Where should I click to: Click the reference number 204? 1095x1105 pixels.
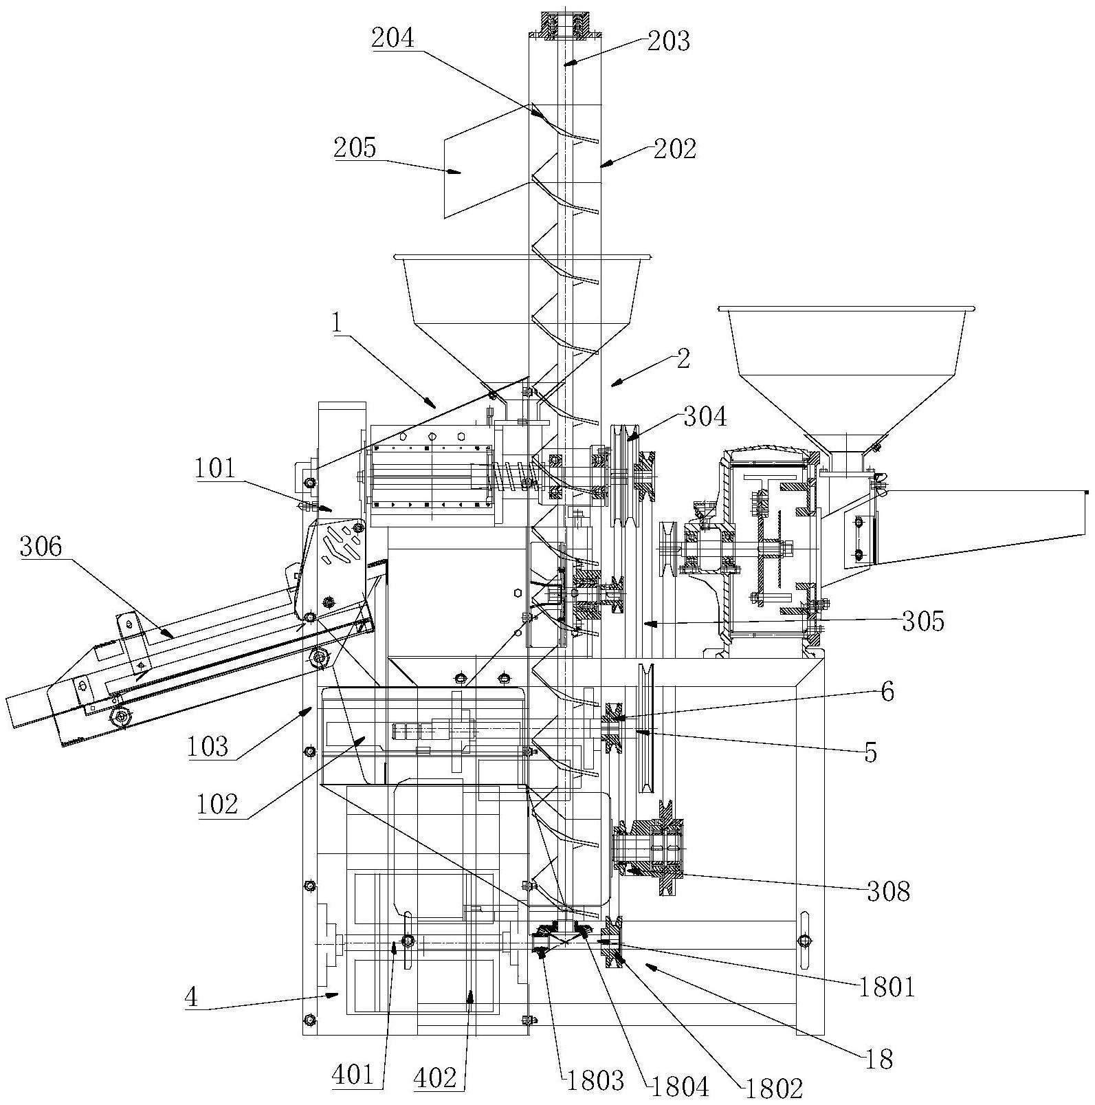393,38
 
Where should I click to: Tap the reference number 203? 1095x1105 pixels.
669,41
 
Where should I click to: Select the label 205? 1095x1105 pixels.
355,147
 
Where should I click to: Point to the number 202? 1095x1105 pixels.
674,149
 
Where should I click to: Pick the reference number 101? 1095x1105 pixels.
214,469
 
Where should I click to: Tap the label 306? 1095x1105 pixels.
41,547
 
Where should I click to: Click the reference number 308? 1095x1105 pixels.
887,892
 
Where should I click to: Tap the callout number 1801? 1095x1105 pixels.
887,988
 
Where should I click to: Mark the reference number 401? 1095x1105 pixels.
355,1074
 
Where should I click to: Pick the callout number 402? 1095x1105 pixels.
435,1078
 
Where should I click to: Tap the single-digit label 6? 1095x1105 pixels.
887,692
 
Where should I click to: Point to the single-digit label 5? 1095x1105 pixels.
871,753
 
